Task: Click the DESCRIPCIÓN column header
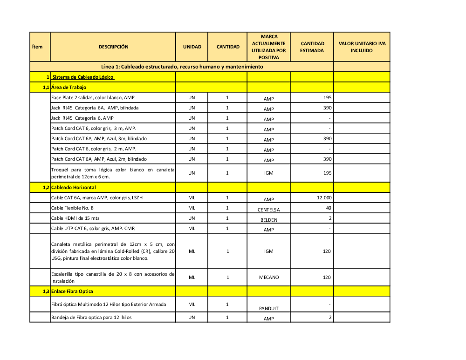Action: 113,47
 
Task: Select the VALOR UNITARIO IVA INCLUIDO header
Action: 362,47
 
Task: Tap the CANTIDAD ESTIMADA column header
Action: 312,47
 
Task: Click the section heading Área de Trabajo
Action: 69,88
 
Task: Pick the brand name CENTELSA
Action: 268,210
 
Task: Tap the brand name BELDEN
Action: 268,220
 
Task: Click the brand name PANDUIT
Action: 268,308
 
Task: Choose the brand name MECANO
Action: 269,278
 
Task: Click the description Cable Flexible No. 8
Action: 72,208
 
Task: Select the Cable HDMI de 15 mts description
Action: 75,218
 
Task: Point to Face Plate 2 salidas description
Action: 93,98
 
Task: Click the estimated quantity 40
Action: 329,208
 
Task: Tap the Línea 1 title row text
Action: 182,67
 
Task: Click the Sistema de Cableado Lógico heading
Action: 83,77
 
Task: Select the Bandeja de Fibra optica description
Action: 91,318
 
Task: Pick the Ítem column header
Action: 37,47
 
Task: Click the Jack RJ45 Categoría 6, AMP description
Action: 82,118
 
